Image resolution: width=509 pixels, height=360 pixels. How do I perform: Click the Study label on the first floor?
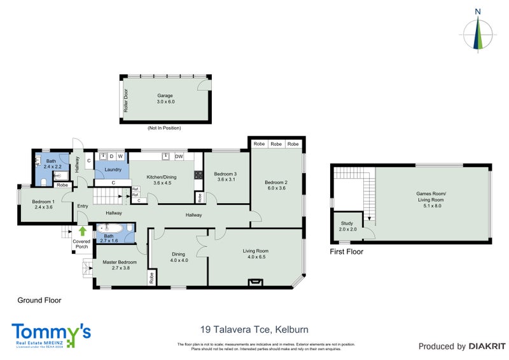(347, 226)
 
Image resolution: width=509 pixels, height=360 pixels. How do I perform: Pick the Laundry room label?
(113, 170)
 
